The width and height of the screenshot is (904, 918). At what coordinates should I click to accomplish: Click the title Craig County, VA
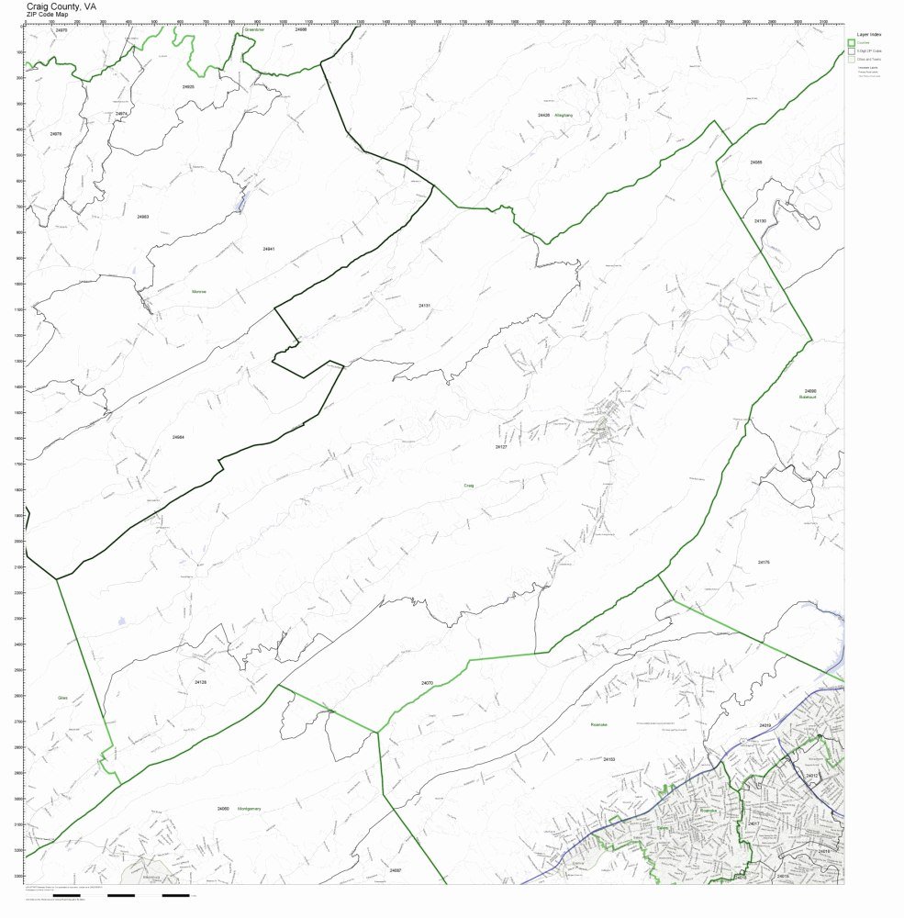[59, 6]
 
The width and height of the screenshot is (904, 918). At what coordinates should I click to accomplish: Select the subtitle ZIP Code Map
[48, 15]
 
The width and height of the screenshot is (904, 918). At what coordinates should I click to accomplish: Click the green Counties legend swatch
[851, 42]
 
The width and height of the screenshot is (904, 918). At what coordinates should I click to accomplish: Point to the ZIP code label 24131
[424, 304]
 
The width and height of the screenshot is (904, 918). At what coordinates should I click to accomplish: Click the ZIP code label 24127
[501, 447]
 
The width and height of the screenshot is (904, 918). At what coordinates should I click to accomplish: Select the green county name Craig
[468, 484]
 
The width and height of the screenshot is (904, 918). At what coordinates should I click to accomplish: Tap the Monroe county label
[198, 292]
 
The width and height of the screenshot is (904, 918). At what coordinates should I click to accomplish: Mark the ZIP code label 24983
[142, 217]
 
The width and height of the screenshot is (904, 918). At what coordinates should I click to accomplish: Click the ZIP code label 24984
[178, 437]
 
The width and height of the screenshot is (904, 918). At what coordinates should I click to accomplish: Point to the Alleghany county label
[564, 116]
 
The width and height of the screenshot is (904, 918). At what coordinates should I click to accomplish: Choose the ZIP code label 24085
[755, 162]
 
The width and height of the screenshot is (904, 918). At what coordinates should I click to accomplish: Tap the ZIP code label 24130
[760, 221]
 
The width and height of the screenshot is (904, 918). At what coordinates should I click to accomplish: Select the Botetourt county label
[809, 397]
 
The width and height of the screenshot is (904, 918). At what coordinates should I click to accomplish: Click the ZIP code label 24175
[764, 562]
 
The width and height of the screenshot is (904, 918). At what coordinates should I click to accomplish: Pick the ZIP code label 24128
[200, 682]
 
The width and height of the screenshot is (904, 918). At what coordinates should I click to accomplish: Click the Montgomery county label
[250, 809]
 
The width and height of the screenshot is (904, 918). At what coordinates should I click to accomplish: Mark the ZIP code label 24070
[427, 683]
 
